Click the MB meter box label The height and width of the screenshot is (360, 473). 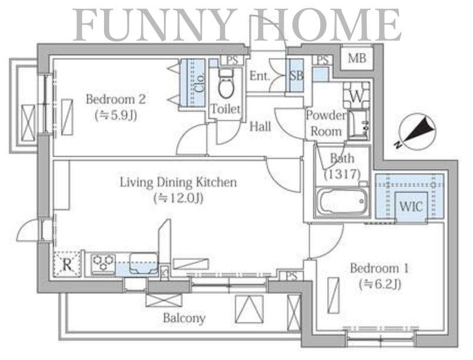357,58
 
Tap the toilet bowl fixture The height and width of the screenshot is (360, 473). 226,84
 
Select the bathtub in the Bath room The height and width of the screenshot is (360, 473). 342,201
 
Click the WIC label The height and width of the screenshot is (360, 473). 411,207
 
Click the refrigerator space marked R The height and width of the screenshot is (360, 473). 67,264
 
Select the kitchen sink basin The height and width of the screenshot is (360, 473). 143,263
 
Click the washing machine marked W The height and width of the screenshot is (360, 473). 356,95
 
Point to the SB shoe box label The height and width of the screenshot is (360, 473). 296,75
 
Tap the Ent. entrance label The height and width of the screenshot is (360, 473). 259,76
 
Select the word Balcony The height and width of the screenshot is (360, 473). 184,318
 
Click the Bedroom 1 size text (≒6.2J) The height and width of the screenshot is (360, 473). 380,284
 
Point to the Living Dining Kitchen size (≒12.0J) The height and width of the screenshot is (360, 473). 178,198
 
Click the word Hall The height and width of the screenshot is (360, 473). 260,127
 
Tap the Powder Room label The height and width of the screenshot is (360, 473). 326,123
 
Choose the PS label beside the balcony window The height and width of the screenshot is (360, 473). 291,276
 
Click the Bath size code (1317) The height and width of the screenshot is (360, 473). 343,174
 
